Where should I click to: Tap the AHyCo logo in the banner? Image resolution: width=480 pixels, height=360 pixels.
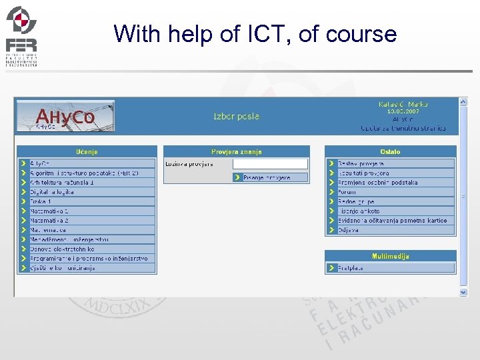pos(65,117)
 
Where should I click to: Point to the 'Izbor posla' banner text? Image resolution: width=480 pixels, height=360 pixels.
pos(236,116)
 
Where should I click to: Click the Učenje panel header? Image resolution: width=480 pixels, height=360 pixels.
pos(87,152)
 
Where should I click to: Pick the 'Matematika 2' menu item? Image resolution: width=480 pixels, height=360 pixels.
pos(49,220)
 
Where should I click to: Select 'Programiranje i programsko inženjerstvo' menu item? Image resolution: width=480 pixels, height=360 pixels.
pos(89,258)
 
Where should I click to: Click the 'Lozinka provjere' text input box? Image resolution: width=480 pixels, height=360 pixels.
pos(270,164)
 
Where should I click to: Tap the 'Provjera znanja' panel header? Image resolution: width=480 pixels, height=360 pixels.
pos(237,152)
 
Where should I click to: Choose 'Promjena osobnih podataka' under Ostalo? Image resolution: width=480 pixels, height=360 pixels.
pos(377,182)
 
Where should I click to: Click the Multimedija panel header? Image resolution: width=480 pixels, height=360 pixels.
pos(390,256)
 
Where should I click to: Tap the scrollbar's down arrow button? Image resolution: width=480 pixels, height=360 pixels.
pos(463,291)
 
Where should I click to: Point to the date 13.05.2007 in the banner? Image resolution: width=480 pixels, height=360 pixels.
pos(403,112)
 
